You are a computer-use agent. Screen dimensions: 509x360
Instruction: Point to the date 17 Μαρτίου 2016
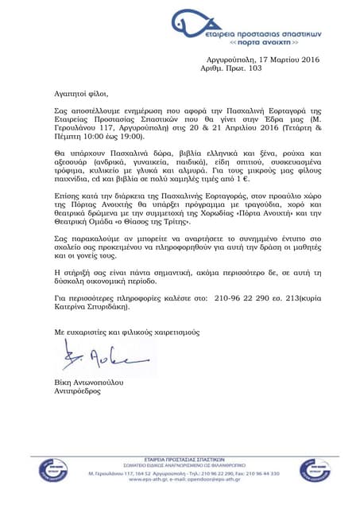pos(281,60)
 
